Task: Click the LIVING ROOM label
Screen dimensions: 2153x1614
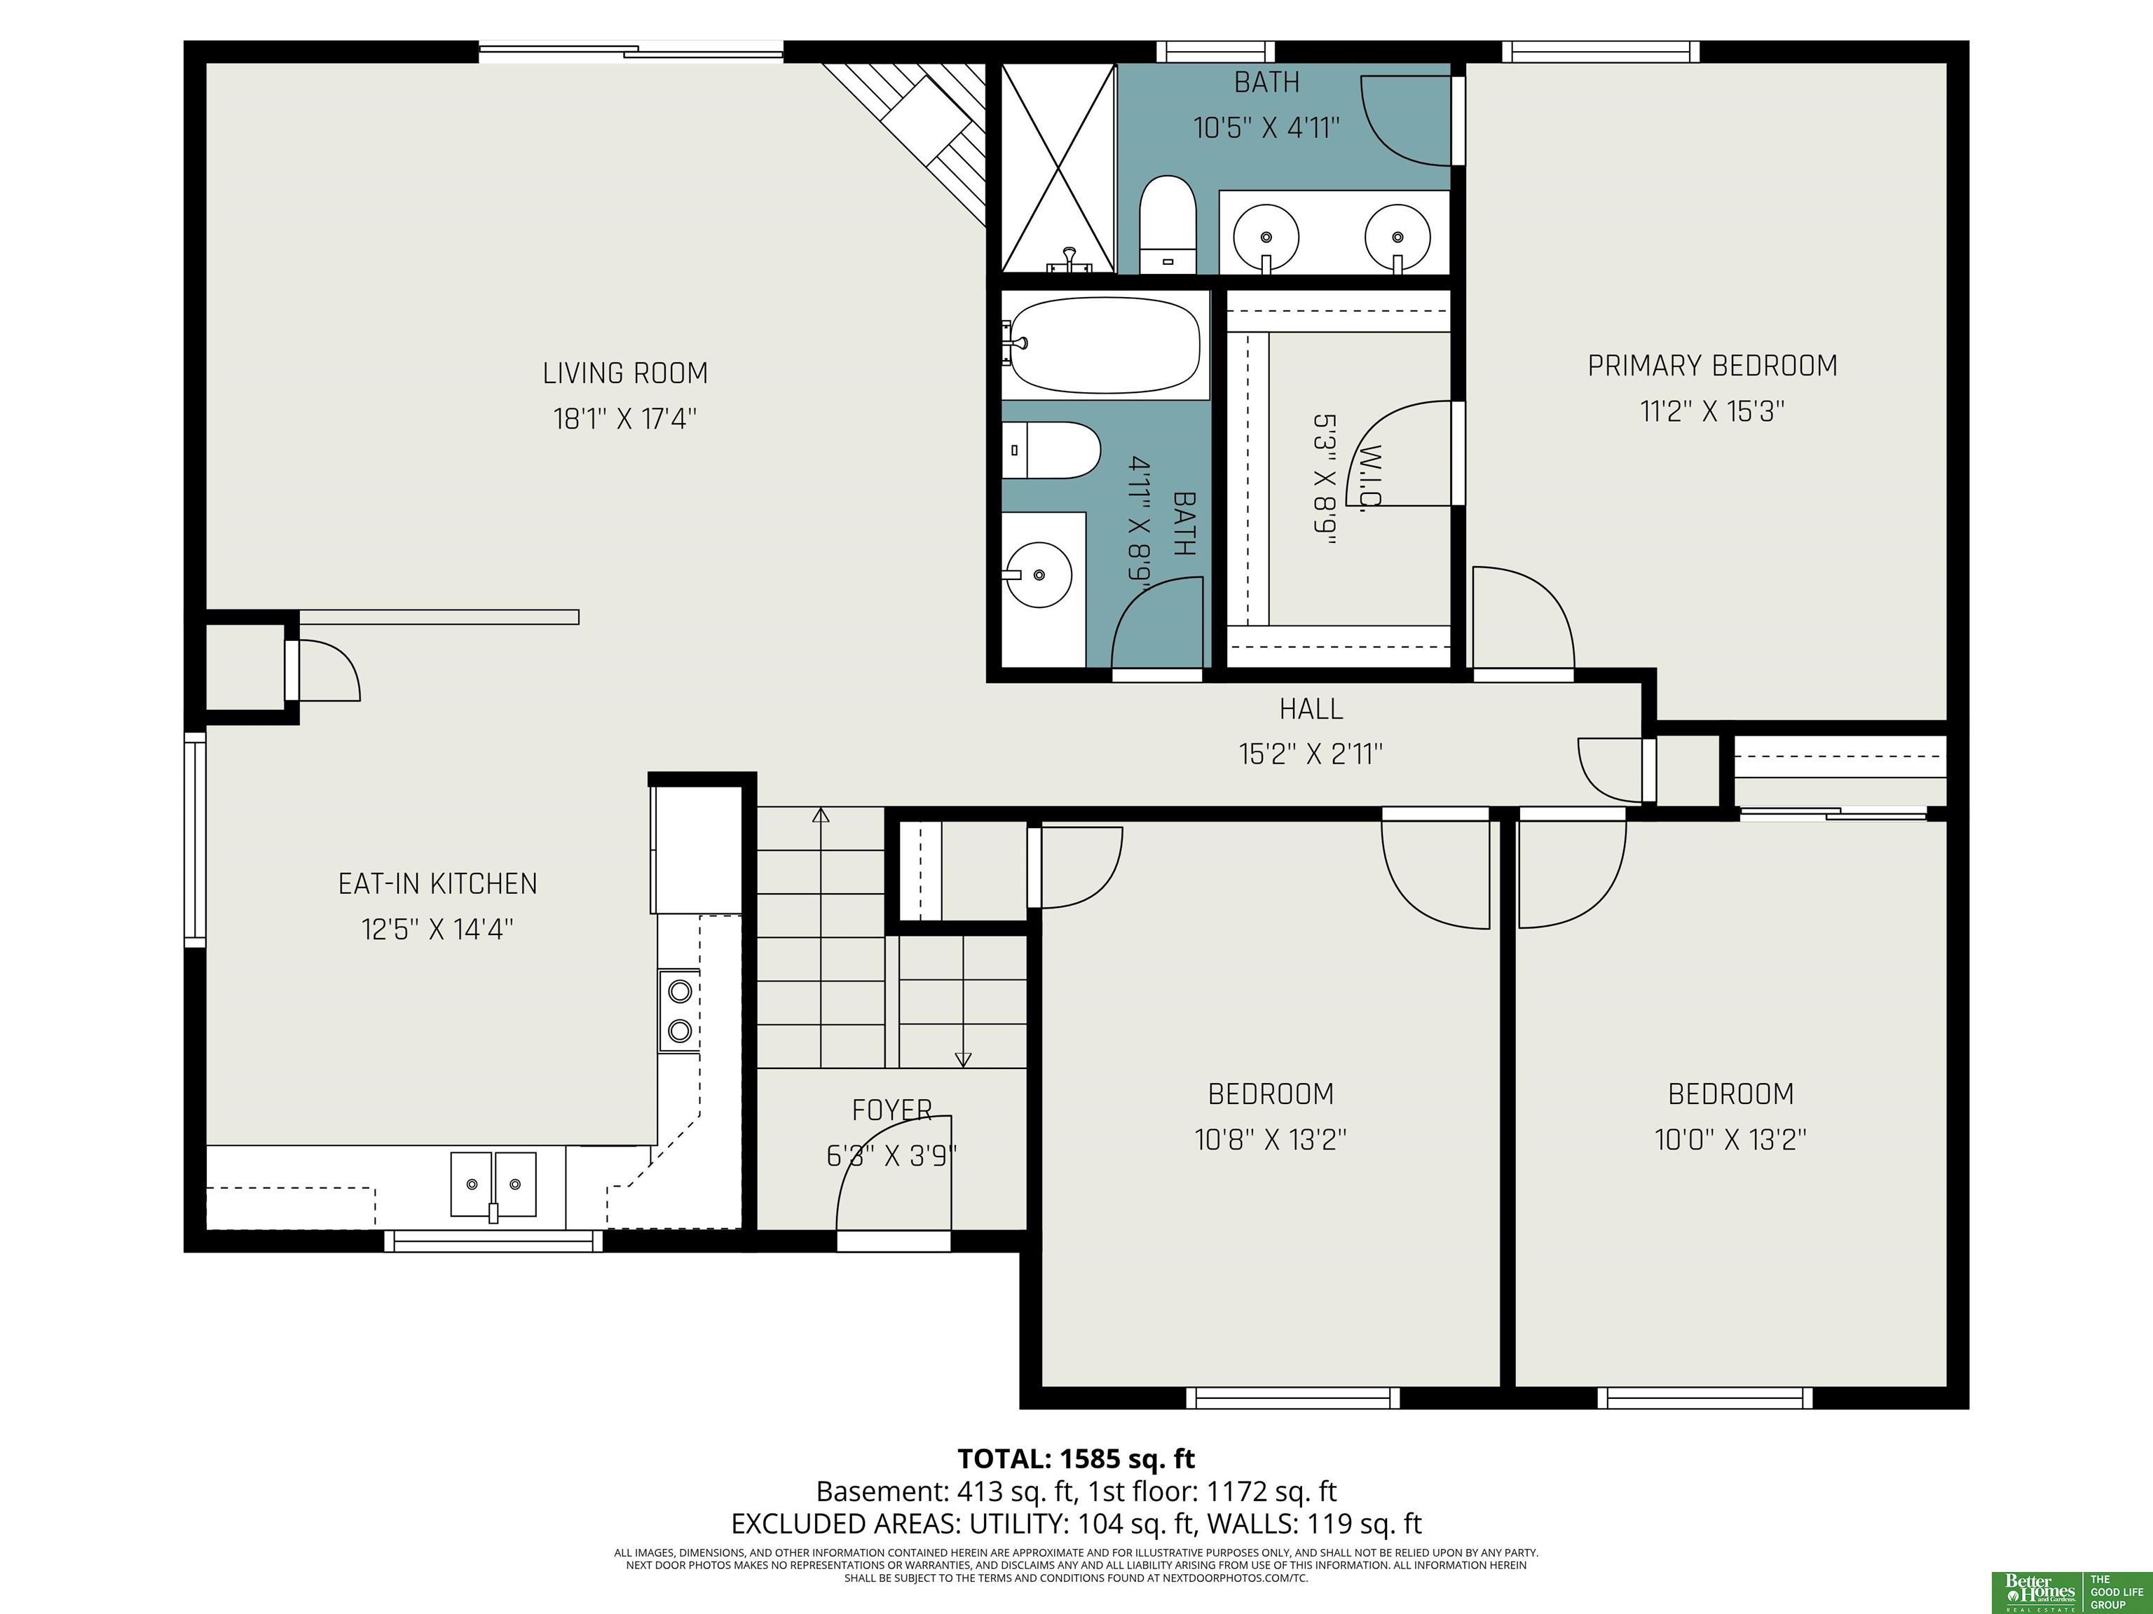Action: point(625,373)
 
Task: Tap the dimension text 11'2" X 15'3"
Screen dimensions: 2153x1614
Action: point(1712,411)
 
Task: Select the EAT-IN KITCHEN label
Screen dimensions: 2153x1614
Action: point(437,883)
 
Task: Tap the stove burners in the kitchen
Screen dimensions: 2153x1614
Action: point(679,1011)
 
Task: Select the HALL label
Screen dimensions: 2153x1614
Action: point(1311,709)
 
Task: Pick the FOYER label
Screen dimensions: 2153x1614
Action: point(891,1110)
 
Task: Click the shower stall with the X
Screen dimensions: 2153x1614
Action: point(1058,167)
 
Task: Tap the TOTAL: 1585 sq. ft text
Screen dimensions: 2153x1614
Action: point(1076,1459)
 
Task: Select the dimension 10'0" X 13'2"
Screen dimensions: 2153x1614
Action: point(1730,1139)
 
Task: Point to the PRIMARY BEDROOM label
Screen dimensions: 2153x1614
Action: point(1712,366)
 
